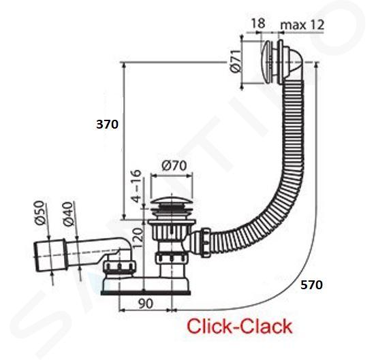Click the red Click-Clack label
(239, 326)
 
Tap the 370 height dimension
(107, 125)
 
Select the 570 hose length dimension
(311, 284)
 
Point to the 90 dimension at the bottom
(146, 304)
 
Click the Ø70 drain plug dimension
(174, 165)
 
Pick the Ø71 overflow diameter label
(234, 61)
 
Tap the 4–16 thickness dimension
(137, 186)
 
